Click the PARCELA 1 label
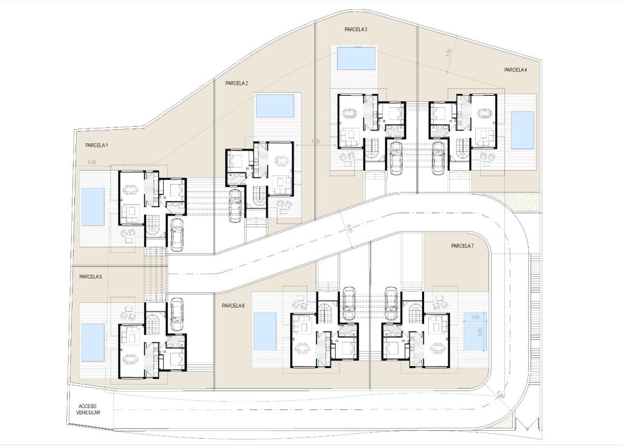96,146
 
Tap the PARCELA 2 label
236,83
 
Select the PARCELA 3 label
355,29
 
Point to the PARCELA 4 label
515,70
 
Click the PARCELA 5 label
90,277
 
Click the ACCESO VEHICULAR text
89,409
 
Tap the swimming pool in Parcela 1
93,206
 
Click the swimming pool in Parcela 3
356,58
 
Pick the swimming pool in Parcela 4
522,130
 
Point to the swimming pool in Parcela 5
93,342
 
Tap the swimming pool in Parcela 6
265,331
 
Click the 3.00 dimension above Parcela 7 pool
475,317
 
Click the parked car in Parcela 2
235,205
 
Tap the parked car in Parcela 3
395,157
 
